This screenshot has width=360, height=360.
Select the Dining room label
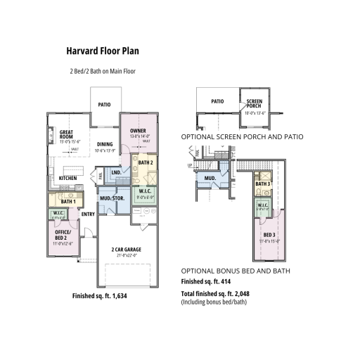tap(105, 144)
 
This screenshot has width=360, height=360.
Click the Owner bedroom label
tap(138, 130)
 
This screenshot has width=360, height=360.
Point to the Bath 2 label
tap(145, 162)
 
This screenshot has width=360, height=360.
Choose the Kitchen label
tap(67, 179)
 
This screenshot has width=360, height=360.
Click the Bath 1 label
tap(58, 202)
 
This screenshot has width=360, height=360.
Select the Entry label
tap(88, 214)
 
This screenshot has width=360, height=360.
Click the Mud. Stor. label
tap(112, 199)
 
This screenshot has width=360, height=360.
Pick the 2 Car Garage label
tap(127, 250)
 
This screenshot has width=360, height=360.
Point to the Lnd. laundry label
tap(116, 172)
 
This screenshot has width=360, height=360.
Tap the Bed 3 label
tap(269, 235)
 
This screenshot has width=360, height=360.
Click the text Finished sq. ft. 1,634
tap(103, 296)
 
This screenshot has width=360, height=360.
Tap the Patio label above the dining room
tap(104, 104)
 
